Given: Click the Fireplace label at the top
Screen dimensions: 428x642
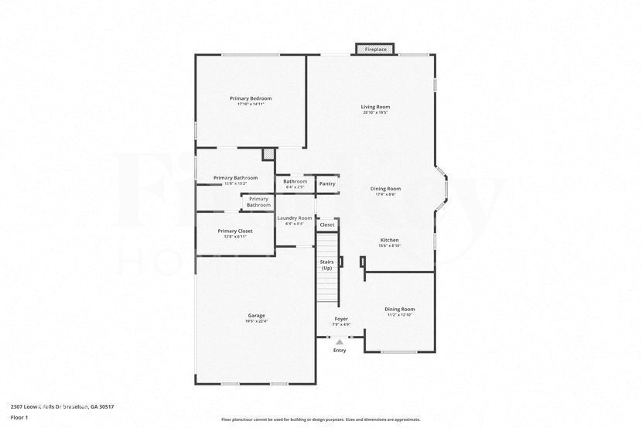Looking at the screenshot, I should (376, 50).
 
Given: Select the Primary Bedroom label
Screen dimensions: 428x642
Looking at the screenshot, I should (251, 98).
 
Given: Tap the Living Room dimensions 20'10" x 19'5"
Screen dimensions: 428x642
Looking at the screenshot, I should (375, 113).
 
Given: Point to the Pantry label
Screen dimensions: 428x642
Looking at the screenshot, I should (327, 183).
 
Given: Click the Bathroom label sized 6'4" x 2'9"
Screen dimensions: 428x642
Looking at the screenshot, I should (295, 181).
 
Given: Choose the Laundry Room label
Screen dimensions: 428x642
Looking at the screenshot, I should (295, 218).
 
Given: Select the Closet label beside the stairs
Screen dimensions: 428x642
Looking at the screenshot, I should (327, 224).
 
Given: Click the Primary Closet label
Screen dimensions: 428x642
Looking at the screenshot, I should (235, 231).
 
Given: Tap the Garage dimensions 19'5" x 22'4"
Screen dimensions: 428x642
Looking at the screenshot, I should (256, 321).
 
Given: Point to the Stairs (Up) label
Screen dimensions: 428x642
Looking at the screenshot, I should (326, 265).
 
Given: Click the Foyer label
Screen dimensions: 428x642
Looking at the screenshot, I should (341, 319).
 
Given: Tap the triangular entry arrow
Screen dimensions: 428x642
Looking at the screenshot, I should (340, 341).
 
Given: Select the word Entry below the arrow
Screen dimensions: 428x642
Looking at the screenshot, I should (340, 351).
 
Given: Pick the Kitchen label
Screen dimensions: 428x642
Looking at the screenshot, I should (388, 240).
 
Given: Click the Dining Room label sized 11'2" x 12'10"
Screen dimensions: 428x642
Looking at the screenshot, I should (400, 310).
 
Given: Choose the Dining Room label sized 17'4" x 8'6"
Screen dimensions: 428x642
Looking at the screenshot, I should (385, 189).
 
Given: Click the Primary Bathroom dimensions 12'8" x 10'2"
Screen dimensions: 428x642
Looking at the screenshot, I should (235, 183).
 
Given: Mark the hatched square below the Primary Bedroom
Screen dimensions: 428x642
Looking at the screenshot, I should (268, 154).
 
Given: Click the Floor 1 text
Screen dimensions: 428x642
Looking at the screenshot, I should (19, 417).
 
